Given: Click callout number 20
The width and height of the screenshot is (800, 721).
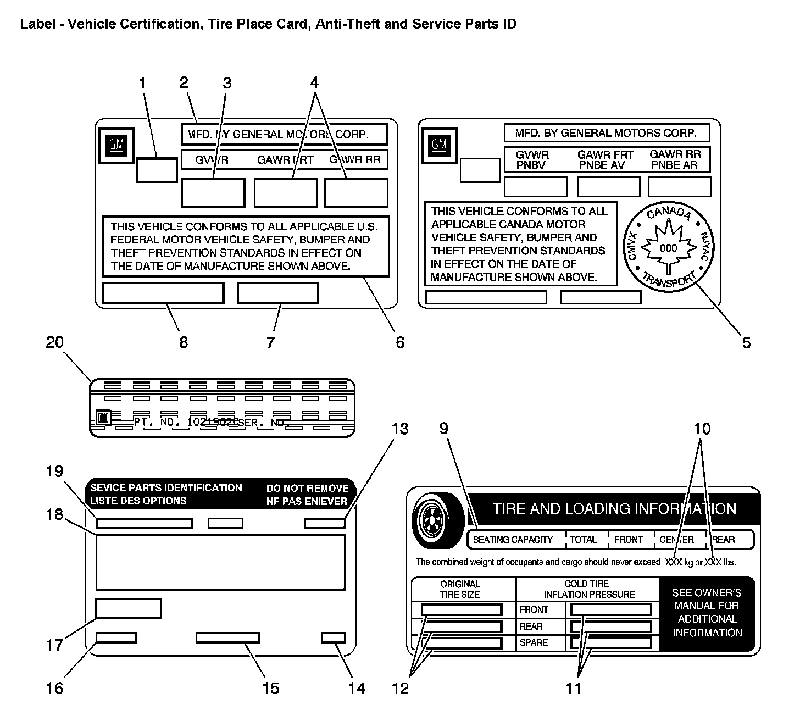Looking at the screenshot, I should (x=55, y=342).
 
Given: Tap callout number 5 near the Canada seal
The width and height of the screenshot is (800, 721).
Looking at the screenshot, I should (x=746, y=342).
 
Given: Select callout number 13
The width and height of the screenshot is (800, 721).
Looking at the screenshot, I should (x=399, y=429).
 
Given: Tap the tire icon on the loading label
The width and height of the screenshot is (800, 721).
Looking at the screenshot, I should (x=438, y=520).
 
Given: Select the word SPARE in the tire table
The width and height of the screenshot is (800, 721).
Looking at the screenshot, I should (x=534, y=642).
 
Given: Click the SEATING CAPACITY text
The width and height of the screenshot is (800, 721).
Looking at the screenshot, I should (x=513, y=540).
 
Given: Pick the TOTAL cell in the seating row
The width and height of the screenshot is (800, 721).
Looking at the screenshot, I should (x=584, y=540).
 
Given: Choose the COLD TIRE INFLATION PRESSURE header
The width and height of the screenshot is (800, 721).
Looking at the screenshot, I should (x=589, y=589).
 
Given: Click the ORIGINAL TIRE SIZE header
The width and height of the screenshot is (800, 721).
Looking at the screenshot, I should (x=460, y=589).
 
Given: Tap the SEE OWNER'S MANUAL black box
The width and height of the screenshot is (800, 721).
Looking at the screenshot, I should (x=707, y=613).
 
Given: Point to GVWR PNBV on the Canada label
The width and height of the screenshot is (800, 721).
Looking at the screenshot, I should (x=532, y=160).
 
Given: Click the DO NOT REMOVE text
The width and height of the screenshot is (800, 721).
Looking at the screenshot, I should (x=307, y=488).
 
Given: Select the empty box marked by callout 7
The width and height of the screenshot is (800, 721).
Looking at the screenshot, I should (x=278, y=293).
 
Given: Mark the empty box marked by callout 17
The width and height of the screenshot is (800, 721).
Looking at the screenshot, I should (x=129, y=608).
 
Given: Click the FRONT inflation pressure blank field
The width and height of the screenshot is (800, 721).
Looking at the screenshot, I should (x=611, y=609).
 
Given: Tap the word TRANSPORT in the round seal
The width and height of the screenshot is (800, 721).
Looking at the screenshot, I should (x=669, y=279).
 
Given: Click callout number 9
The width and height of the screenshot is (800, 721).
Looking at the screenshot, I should (x=443, y=429).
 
